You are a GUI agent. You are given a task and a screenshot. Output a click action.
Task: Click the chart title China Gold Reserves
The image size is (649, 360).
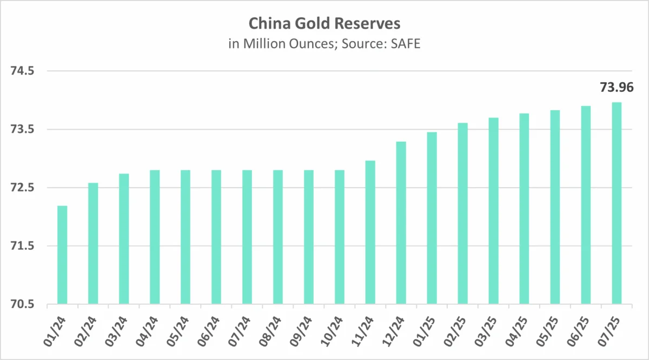(324, 24)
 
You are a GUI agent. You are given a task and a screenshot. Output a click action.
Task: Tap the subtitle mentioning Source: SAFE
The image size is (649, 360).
(324, 44)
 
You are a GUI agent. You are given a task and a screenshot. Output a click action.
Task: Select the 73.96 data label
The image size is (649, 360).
(616, 87)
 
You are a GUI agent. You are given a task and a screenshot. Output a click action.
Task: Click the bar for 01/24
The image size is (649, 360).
(62, 255)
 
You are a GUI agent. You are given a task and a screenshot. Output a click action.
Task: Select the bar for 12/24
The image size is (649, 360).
(401, 223)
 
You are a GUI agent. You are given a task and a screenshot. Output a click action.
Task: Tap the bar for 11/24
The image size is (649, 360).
(370, 232)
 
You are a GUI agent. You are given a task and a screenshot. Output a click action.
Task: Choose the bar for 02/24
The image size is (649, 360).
(93, 244)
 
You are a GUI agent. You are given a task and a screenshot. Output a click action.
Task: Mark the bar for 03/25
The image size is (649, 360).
(493, 211)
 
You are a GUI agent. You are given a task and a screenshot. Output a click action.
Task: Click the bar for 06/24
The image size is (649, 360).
(216, 237)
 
